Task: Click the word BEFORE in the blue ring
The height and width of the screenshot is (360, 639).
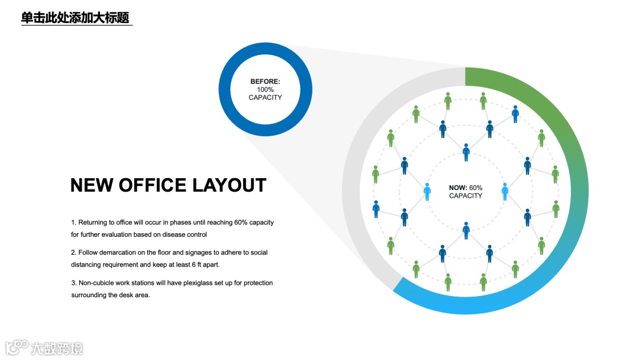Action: tap(264, 82)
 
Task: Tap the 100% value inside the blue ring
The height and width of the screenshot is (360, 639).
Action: tap(265, 89)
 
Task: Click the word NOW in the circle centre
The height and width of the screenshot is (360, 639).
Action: tap(458, 188)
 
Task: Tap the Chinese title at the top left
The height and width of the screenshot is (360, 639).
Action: tap(75, 18)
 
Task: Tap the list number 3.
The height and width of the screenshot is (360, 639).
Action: tap(73, 283)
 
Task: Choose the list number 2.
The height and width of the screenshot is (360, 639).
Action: tap(73, 252)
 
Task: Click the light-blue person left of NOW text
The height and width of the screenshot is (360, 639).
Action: tap(427, 191)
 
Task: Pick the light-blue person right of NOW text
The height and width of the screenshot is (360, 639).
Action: tap(505, 191)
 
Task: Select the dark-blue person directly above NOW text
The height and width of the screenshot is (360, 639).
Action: tap(466, 152)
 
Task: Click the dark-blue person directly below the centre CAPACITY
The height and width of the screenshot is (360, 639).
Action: tap(466, 230)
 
